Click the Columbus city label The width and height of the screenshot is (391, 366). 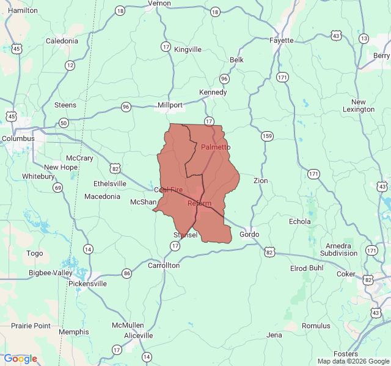[x=18, y=138]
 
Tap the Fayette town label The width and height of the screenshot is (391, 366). [x=282, y=40]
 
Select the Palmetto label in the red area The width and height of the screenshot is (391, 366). [x=216, y=147]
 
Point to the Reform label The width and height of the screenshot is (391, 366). [x=199, y=203]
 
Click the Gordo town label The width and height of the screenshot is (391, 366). [x=249, y=234]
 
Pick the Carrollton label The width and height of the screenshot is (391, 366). [x=164, y=265]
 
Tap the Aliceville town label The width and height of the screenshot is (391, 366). [x=139, y=335]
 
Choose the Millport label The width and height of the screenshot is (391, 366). [x=170, y=105]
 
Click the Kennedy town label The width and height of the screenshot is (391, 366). [x=213, y=92]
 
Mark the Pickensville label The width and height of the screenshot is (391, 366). [x=87, y=284]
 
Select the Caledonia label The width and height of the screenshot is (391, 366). [x=62, y=41]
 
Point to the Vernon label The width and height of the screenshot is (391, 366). [x=159, y=3]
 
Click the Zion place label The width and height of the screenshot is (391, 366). [x=260, y=181]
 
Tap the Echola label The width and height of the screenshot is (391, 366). [x=299, y=221]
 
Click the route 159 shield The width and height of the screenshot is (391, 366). [x=267, y=135]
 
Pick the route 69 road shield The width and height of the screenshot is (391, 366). [x=57, y=187]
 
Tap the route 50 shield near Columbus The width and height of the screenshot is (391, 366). [x=64, y=123]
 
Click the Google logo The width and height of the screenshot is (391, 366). [x=20, y=359]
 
